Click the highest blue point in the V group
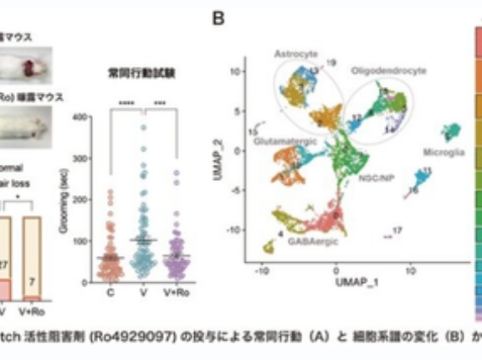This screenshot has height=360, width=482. tap(143, 128)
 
